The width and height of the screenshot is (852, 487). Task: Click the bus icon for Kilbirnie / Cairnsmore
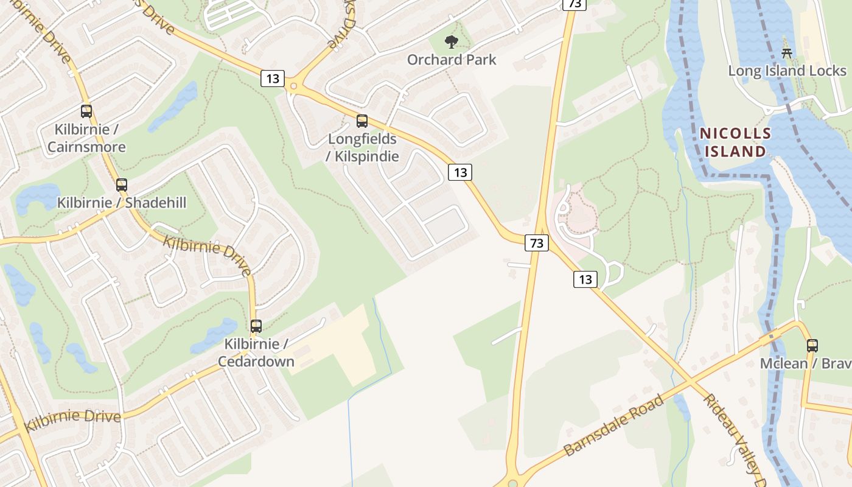(x=86, y=111)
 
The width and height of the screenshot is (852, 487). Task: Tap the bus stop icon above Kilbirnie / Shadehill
(x=122, y=185)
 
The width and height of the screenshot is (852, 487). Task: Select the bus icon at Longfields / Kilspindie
(x=362, y=121)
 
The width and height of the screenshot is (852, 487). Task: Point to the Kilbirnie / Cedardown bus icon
(x=256, y=326)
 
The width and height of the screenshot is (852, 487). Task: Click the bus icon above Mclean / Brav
(x=812, y=346)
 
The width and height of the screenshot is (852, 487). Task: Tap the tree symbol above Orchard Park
(x=451, y=42)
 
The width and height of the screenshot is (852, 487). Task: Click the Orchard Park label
(x=452, y=60)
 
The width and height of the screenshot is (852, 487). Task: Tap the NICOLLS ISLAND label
(x=735, y=142)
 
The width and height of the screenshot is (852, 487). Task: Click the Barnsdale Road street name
(x=614, y=426)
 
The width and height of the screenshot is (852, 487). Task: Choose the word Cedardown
(x=256, y=362)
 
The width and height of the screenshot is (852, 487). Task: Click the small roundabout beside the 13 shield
(x=294, y=86)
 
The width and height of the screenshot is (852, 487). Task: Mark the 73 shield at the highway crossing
(x=536, y=243)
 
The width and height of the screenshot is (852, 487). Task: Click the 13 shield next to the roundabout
(x=273, y=79)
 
